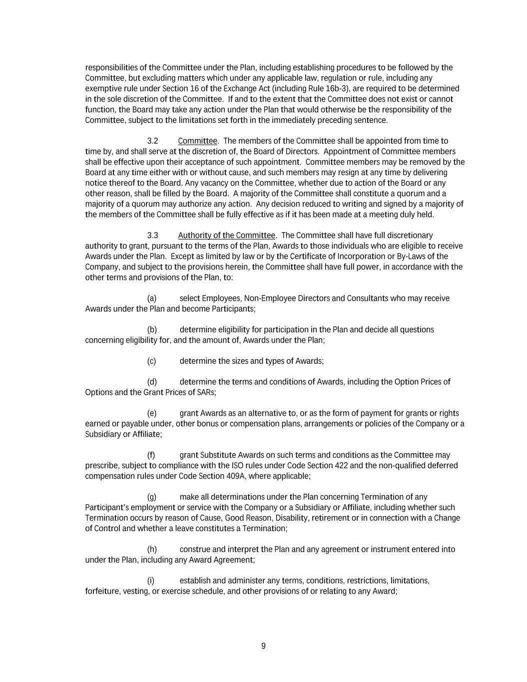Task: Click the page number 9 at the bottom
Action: click(263, 646)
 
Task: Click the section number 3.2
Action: click(152, 141)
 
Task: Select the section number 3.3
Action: click(152, 235)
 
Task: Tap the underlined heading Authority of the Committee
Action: click(226, 235)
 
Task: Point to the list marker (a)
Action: click(152, 298)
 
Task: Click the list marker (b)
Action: click(152, 330)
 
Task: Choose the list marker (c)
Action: click(151, 361)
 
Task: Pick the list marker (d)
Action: click(152, 382)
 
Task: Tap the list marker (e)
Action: click(152, 413)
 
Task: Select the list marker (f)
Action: click(151, 455)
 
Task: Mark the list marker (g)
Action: click(152, 497)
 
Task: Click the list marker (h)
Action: click(152, 549)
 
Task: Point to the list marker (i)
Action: click(150, 581)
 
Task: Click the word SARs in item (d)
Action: click(206, 392)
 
